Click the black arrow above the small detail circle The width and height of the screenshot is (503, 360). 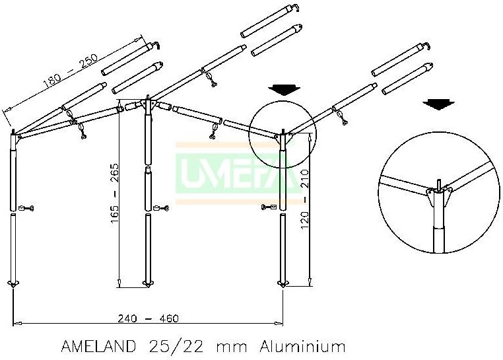285,90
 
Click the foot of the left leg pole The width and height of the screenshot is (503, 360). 14,284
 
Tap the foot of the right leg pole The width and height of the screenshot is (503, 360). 283,284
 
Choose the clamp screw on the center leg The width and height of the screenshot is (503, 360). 160,209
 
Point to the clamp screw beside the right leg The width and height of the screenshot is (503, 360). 269,208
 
